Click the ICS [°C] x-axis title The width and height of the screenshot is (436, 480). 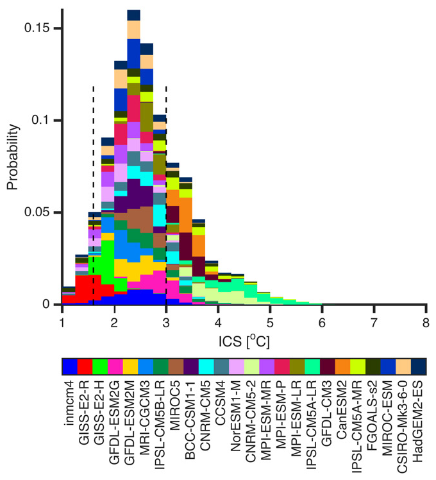coord(244,341)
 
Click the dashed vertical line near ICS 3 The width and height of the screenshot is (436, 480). coord(166,193)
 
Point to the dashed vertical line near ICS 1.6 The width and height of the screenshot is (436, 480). coord(94,193)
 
